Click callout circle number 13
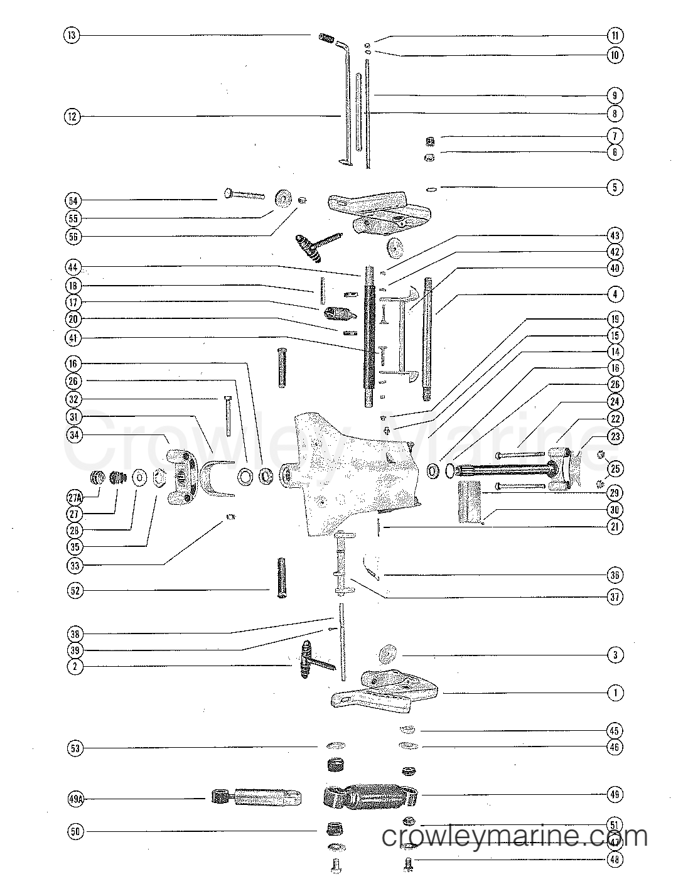pos(72,36)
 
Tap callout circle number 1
pos(615,693)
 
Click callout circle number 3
pos(615,655)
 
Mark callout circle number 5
pos(615,187)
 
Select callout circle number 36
pos(615,575)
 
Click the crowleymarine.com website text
pos(515,836)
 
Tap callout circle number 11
pos(615,36)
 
